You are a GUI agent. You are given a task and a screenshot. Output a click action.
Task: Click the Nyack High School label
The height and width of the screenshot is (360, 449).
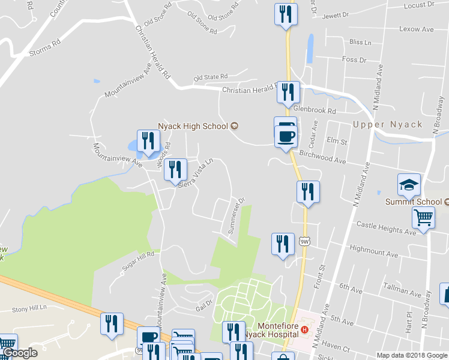pos(193,126)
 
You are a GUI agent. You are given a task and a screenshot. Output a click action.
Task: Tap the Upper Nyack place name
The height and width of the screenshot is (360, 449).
pos(388,125)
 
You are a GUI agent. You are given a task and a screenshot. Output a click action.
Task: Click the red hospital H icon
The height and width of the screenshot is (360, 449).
pos(305,329)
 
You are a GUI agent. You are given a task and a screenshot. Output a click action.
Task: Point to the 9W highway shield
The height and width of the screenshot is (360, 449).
pos(305,242)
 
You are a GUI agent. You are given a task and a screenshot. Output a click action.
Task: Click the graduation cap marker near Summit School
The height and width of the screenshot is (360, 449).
pos(409,185)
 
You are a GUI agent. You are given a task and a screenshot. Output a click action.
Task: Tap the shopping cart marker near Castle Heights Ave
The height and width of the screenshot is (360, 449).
pos(424,219)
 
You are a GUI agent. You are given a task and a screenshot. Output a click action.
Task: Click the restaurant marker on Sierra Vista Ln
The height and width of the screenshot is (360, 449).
pos(175,170)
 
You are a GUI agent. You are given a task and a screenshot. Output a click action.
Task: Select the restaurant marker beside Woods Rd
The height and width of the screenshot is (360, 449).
pos(148,142)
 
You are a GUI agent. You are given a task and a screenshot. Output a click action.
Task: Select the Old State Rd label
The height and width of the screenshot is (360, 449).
pos(211,77)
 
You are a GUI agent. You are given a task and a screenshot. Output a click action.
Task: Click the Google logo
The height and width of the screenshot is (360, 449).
pos(20,353)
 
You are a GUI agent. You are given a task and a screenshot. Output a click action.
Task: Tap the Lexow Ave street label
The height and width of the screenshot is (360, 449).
pos(417,29)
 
